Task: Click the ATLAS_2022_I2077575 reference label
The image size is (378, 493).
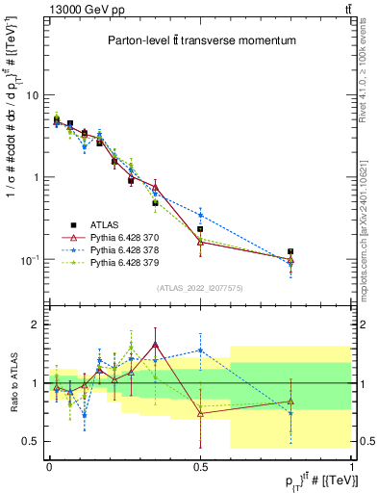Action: [201, 287]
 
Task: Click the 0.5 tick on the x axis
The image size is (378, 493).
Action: [200, 465]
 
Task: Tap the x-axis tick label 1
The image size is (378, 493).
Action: [351, 465]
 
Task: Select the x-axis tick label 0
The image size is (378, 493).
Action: [49, 465]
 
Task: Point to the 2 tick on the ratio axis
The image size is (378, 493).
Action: [37, 324]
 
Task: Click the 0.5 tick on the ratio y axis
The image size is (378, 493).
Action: [31, 441]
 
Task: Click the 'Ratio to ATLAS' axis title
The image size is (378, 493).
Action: [11, 382]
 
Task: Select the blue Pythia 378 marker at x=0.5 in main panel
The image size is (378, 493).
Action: [200, 215]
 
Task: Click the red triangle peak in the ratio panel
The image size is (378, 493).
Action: [155, 344]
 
